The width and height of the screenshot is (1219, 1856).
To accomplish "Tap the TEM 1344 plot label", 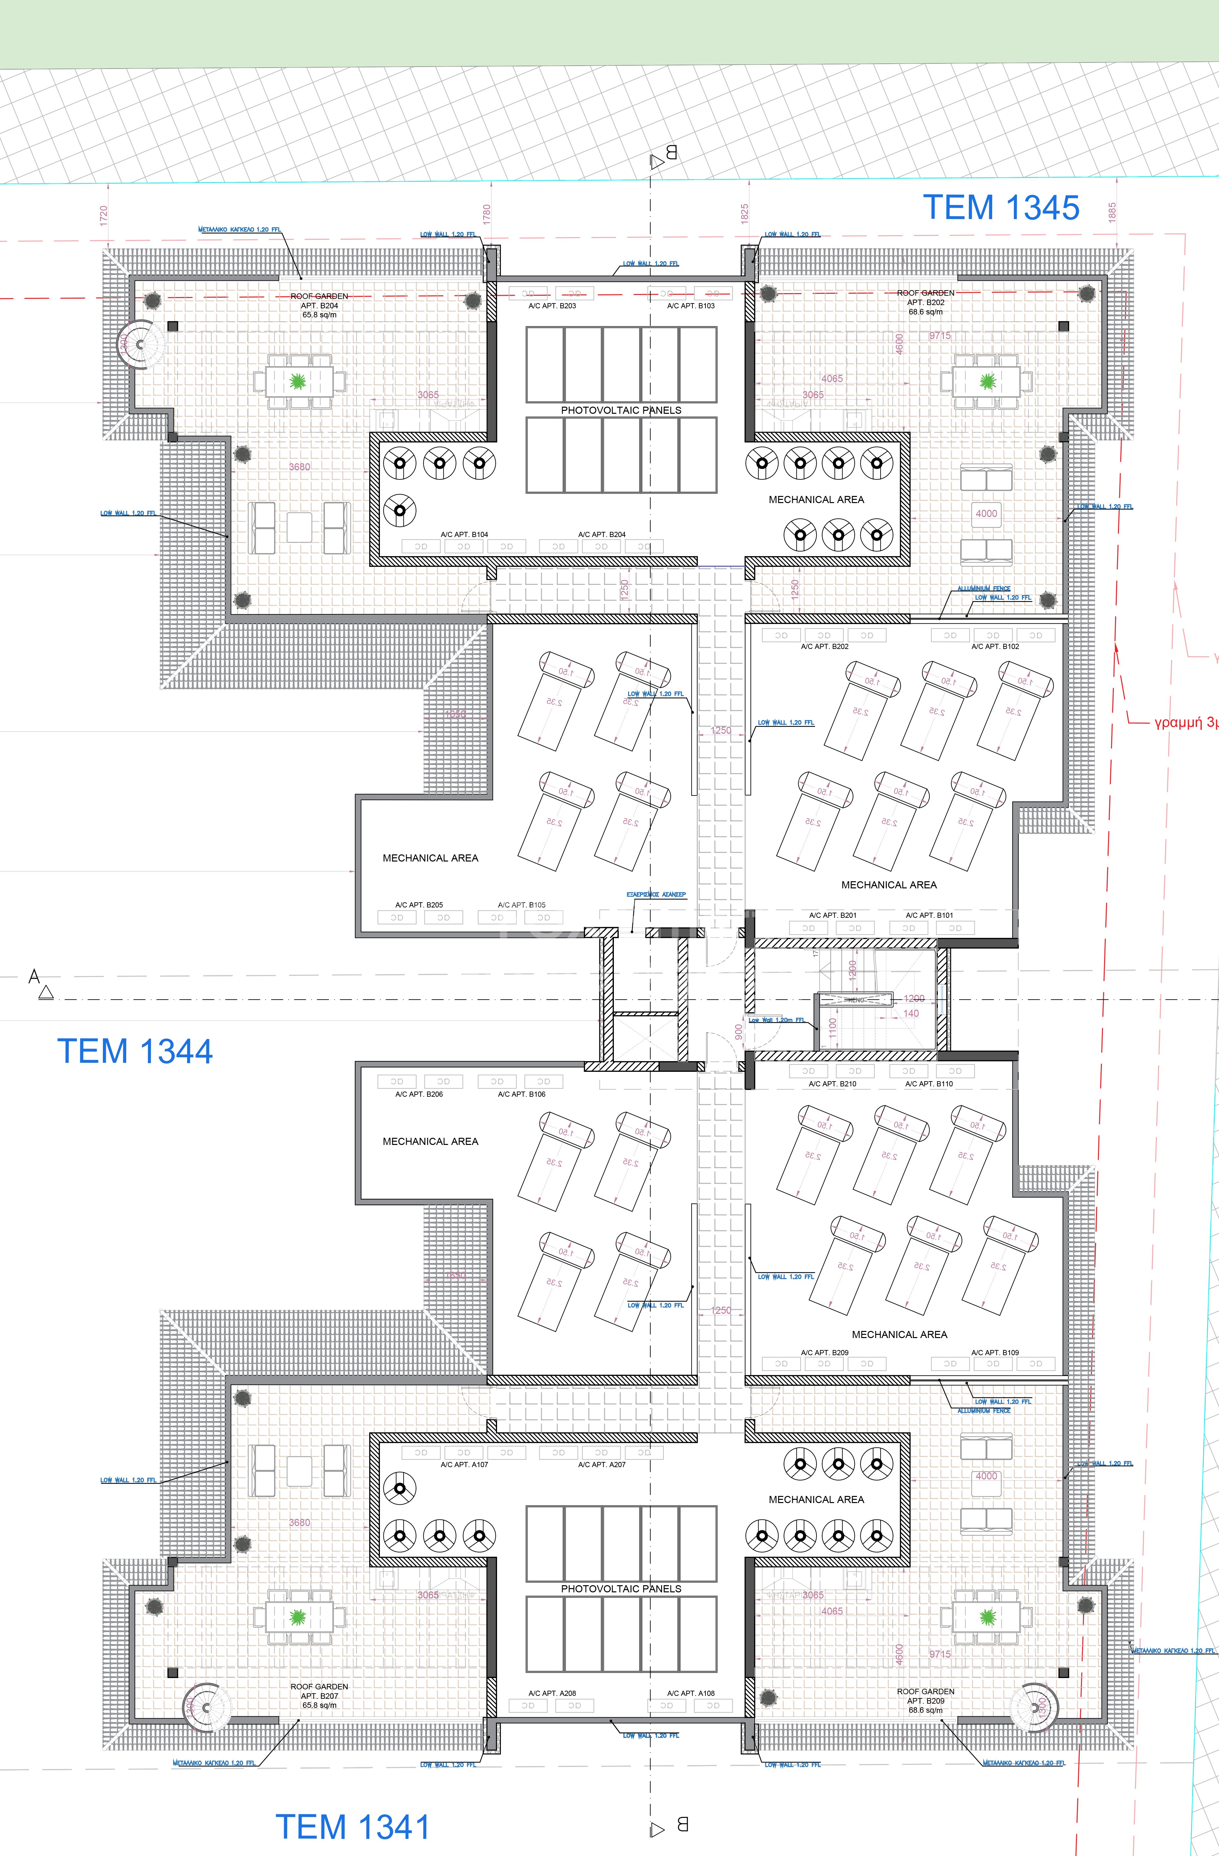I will point(135,1051).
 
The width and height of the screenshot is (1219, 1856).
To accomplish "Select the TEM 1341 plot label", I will point(352,1827).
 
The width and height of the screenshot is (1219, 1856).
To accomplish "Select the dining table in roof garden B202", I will point(987,381).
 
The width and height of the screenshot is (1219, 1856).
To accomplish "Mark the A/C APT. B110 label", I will point(929,1084).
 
